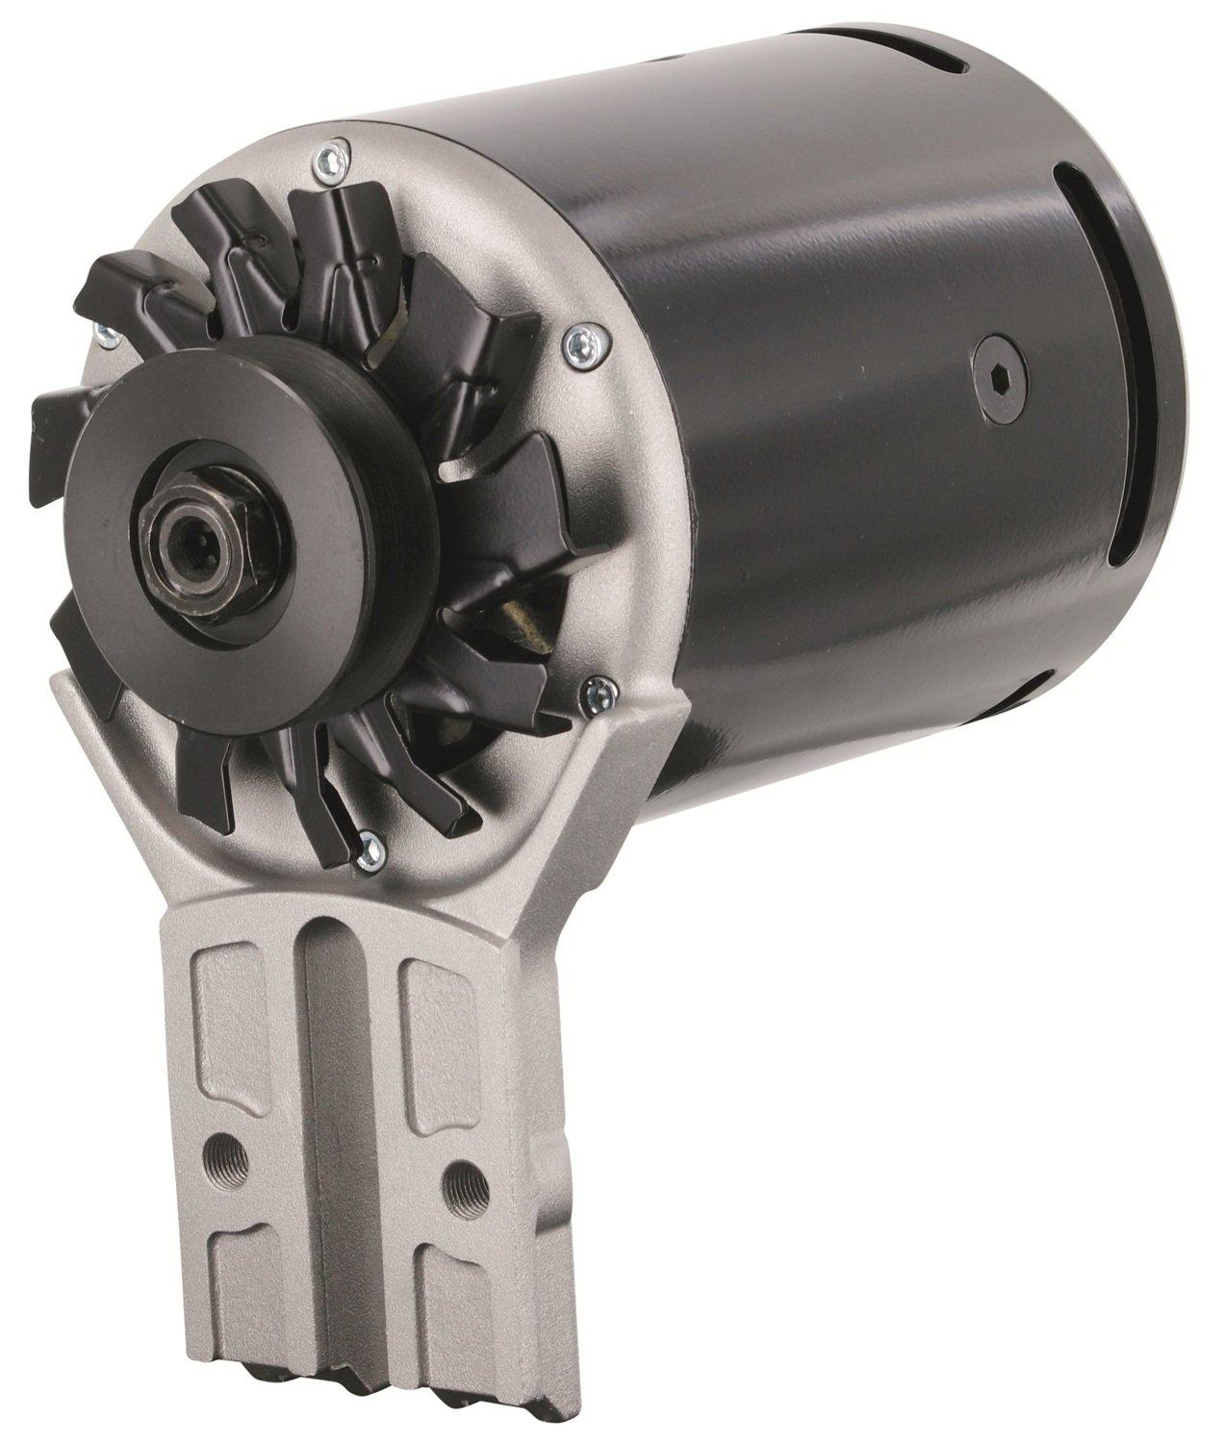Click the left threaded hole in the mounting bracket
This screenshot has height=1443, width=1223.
228,1152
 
